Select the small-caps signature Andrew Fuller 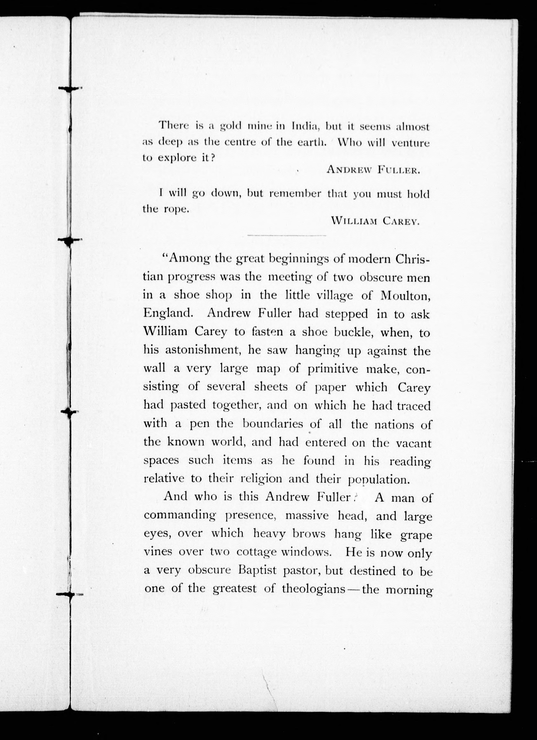click(x=373, y=170)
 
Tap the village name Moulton click(x=405, y=296)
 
